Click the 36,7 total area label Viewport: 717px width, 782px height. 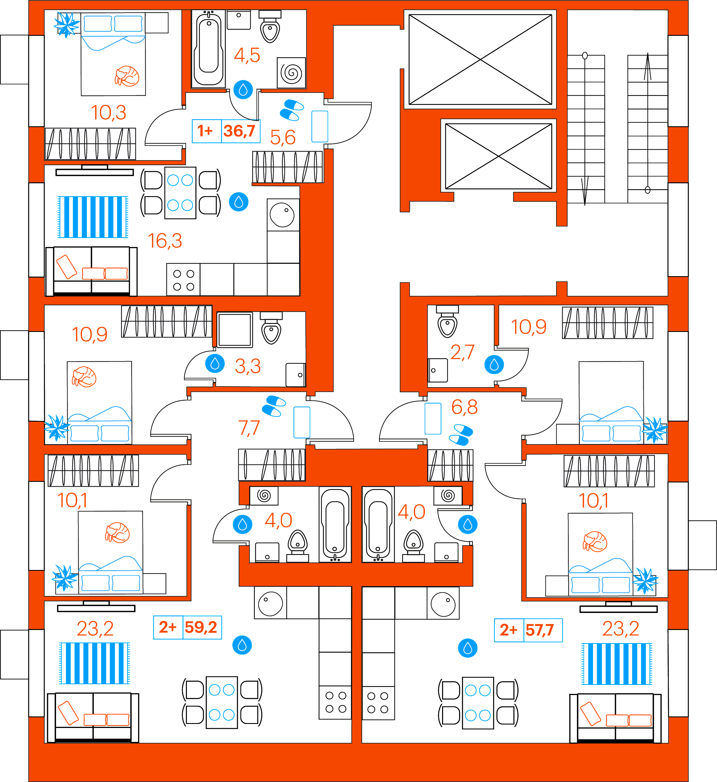tap(239, 131)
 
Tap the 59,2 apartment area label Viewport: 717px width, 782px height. tap(200, 627)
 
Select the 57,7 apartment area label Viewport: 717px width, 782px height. tap(540, 630)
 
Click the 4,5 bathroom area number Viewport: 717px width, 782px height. tap(247, 55)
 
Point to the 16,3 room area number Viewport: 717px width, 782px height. tap(165, 241)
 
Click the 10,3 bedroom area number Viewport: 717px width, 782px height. tap(109, 112)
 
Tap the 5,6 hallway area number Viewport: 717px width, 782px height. tap(283, 137)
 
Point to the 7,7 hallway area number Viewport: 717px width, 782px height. tap(249, 428)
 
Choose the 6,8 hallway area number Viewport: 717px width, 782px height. tap(465, 407)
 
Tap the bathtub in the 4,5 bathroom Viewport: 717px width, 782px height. tap(209, 48)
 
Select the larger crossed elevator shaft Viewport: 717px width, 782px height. tap(480, 59)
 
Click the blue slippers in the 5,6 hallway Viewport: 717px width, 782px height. tap(291, 110)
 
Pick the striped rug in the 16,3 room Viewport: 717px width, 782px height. tap(93, 217)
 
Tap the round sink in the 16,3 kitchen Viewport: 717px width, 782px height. tap(282, 215)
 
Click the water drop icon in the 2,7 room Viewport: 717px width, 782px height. tap(494, 365)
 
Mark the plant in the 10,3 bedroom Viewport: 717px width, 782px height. tap(67, 25)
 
